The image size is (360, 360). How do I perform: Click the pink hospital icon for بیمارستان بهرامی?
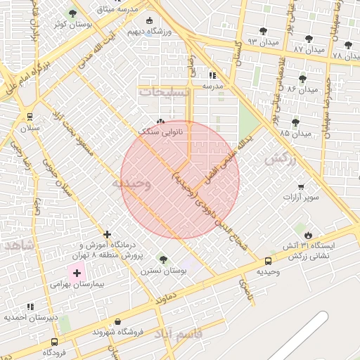coord(76,272)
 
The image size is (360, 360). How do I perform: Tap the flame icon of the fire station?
coord(308,233)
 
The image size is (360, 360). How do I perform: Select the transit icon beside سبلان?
coord(30,117)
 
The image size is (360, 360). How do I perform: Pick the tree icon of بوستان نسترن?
coord(163,259)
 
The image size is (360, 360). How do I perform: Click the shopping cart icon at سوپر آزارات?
coord(301,187)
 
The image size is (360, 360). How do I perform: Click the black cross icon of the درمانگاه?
coord(107,234)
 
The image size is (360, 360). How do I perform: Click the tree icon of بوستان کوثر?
coord(73,14)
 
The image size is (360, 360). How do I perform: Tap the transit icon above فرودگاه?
coord(54,341)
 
